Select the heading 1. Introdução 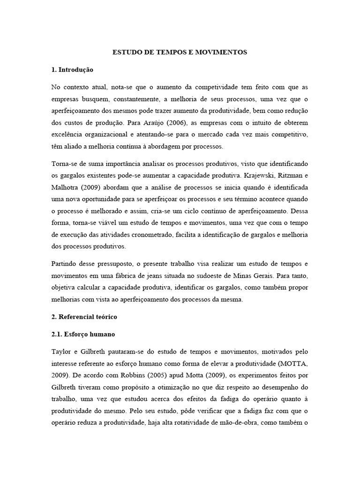tap(73, 70)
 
